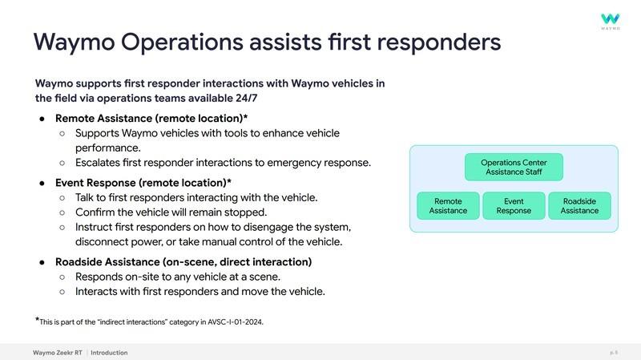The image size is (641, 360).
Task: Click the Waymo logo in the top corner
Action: [x=611, y=22]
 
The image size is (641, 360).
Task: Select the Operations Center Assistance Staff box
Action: [x=514, y=167]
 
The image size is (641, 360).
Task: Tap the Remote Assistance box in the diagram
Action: [x=448, y=206]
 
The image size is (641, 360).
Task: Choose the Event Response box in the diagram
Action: [x=514, y=206]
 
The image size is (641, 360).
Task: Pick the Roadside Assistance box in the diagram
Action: [x=579, y=206]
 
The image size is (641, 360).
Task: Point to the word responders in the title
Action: [x=438, y=42]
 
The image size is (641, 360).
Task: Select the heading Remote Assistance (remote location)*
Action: [x=151, y=118]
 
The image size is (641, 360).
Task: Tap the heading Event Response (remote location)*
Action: [x=143, y=183]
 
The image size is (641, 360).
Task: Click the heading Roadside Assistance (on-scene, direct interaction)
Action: [x=183, y=262]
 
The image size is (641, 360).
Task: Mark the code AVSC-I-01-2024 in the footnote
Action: [x=235, y=322]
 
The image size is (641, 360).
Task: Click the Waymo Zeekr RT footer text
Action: [x=58, y=353]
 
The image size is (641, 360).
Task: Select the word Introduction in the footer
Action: [x=109, y=353]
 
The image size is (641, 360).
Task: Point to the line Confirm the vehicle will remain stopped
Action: [x=171, y=212]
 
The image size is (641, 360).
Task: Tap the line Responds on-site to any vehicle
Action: [x=178, y=277]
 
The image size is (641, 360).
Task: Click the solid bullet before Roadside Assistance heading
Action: [x=42, y=262]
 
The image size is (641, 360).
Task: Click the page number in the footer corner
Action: [x=614, y=353]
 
